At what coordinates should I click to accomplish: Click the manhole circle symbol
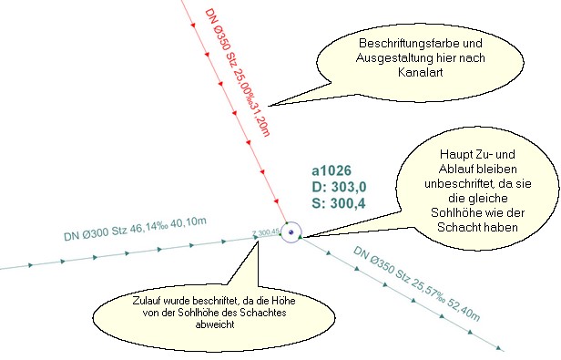pos(291,233)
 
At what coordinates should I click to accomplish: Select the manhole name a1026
pos(338,171)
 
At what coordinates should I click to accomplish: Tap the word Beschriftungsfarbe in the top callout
pos(382,44)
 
